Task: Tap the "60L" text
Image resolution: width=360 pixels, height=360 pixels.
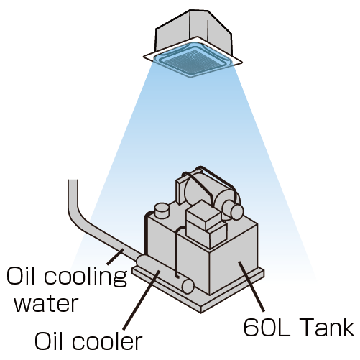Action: (x=267, y=327)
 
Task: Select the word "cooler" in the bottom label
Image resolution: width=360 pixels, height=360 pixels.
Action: (x=107, y=341)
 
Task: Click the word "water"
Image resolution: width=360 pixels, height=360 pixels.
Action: (x=46, y=303)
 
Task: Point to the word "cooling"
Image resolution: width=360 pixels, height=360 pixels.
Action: (x=86, y=277)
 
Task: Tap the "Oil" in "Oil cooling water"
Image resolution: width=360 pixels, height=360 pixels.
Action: (x=22, y=275)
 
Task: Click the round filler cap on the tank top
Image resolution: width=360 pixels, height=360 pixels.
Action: (x=162, y=210)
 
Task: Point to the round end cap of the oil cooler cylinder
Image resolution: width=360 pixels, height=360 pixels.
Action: (x=188, y=286)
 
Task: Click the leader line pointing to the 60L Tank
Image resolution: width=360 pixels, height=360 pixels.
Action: (x=251, y=287)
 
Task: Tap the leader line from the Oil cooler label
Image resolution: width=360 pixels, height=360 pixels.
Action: (x=141, y=300)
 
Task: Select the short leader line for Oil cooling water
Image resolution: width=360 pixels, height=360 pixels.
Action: (x=115, y=257)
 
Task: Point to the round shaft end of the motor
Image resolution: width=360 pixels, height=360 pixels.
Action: (x=236, y=212)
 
